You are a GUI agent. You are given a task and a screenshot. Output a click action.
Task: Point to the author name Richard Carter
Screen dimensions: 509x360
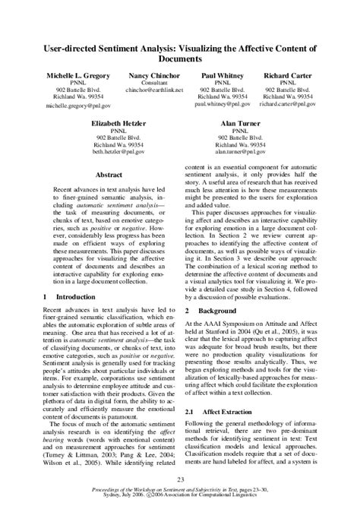[292, 77]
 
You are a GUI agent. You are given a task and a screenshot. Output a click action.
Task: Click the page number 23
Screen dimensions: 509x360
[180, 479]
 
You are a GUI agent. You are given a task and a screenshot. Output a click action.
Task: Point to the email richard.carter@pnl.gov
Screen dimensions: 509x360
[292, 106]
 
